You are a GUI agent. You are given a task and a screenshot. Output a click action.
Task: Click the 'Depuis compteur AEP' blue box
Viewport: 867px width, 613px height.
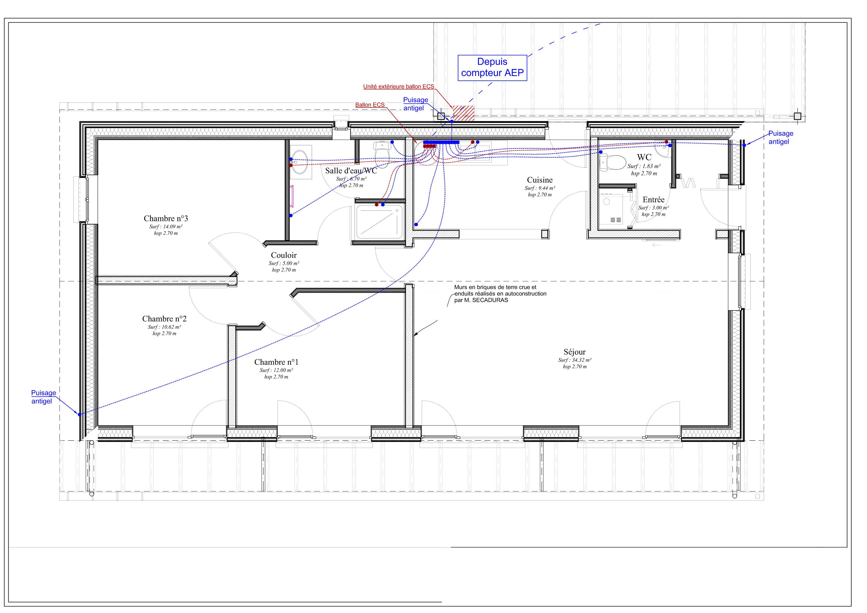click(x=492, y=68)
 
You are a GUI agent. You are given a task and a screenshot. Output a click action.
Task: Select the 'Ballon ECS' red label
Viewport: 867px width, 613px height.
click(x=370, y=105)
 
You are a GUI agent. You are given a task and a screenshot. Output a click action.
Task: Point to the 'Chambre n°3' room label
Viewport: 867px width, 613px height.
click(x=166, y=218)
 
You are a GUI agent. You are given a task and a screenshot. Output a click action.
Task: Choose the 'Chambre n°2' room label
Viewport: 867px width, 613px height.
click(x=164, y=319)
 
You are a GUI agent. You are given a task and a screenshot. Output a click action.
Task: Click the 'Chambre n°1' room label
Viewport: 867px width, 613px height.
click(x=276, y=362)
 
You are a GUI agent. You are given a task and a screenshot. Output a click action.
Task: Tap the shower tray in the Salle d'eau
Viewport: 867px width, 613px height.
click(x=379, y=222)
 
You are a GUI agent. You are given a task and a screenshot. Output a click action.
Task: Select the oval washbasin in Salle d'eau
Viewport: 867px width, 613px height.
click(x=300, y=162)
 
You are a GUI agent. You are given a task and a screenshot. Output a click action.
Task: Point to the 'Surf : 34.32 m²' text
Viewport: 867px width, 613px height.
click(x=575, y=360)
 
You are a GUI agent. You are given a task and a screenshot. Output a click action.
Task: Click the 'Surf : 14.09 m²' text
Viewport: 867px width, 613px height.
click(x=166, y=227)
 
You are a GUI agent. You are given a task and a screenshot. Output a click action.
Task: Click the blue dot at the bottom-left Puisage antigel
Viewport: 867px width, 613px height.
click(x=80, y=415)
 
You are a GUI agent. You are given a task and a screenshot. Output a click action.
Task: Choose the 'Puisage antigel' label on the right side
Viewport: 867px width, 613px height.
click(x=781, y=138)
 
